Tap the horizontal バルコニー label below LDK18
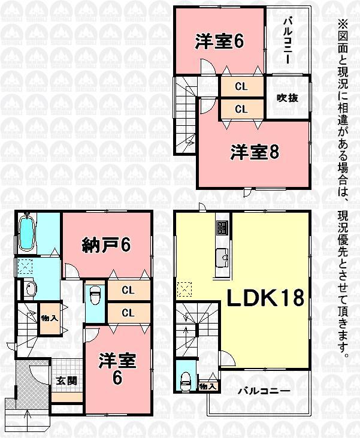pos(264,391)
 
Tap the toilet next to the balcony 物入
pos(186,378)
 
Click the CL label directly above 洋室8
pos(241,109)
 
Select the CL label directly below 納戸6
pos(127,291)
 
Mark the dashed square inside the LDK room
pos(185,290)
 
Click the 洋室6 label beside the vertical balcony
pos(218,42)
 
